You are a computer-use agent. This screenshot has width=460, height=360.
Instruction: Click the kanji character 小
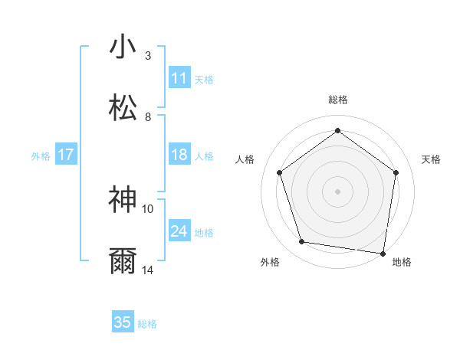123,47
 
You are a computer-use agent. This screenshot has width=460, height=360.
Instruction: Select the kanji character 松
123,107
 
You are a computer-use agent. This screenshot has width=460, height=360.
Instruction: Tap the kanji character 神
123,198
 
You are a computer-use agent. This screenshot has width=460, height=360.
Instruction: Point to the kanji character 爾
123,260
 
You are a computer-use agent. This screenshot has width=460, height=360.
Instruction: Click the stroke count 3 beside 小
148,56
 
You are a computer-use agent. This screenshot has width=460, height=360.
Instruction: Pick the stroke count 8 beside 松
148,117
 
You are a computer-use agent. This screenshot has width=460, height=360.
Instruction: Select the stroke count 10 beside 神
148,208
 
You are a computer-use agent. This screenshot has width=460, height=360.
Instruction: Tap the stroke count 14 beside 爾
148,270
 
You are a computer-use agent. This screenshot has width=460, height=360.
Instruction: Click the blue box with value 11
179,77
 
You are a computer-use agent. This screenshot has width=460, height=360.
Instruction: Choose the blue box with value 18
179,155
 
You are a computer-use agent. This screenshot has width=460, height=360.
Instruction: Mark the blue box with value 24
179,231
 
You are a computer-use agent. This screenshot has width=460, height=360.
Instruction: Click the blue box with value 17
66,155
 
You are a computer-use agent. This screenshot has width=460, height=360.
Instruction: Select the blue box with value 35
123,322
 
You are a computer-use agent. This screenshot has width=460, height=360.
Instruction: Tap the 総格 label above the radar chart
337,100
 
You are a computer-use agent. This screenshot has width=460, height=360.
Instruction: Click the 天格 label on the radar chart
431,159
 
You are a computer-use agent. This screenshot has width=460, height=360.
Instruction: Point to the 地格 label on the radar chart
402,262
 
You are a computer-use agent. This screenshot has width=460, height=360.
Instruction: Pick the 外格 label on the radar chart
270,262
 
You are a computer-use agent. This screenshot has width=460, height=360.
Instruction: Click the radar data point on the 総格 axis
337,131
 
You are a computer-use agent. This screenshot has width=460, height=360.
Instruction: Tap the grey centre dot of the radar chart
337,191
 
